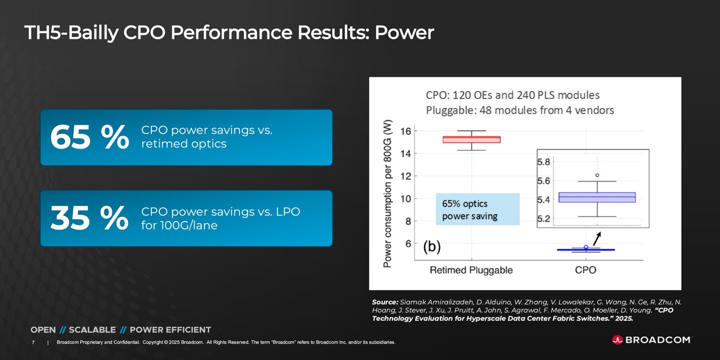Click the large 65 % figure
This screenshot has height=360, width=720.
click(x=89, y=138)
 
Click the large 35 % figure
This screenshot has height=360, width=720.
click(x=89, y=219)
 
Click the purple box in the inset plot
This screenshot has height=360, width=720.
click(x=597, y=197)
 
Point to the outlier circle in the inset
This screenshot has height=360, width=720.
click(x=597, y=175)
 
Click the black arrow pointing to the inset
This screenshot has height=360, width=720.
click(x=597, y=238)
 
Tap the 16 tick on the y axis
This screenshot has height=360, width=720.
click(x=404, y=131)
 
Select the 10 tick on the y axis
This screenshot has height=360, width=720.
click(x=404, y=199)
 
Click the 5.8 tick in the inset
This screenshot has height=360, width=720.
click(x=544, y=162)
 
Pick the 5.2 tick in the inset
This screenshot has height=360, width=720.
click(x=544, y=219)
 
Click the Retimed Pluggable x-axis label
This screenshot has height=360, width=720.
click(x=471, y=270)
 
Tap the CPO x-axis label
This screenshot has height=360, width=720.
click(x=586, y=270)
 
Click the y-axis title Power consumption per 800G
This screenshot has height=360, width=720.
click(x=388, y=194)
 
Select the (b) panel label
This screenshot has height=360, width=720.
click(x=432, y=246)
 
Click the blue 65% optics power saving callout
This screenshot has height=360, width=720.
click(x=478, y=209)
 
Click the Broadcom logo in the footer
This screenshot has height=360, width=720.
click(x=651, y=340)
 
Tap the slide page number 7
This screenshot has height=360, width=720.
click(x=34, y=342)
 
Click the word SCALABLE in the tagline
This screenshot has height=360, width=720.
click(x=92, y=330)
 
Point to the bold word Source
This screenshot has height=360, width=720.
click(x=385, y=302)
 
